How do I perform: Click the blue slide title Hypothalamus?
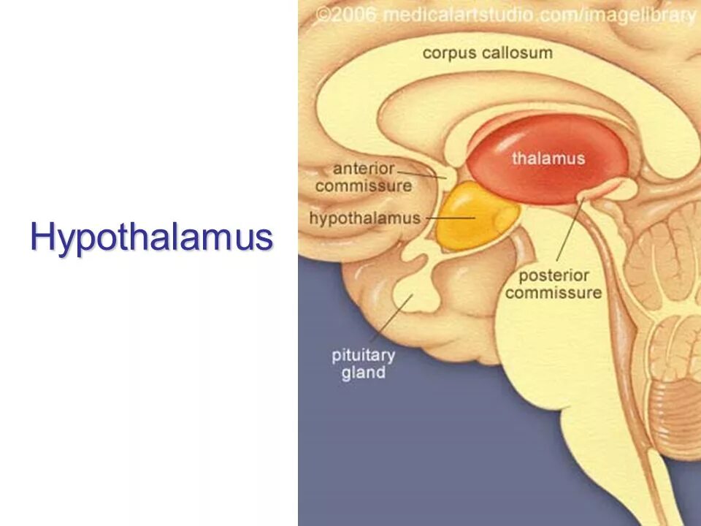click(x=151, y=237)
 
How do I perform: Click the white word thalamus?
click(x=548, y=158)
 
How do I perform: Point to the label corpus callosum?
click(x=487, y=53)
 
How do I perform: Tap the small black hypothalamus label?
click(x=364, y=218)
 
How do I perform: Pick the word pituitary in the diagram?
click(x=363, y=356)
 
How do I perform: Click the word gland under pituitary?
click(x=363, y=373)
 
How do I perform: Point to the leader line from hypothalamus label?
click(x=449, y=218)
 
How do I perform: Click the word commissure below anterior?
click(x=363, y=186)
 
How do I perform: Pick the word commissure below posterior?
click(x=553, y=294)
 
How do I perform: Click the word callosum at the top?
click(x=521, y=53)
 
